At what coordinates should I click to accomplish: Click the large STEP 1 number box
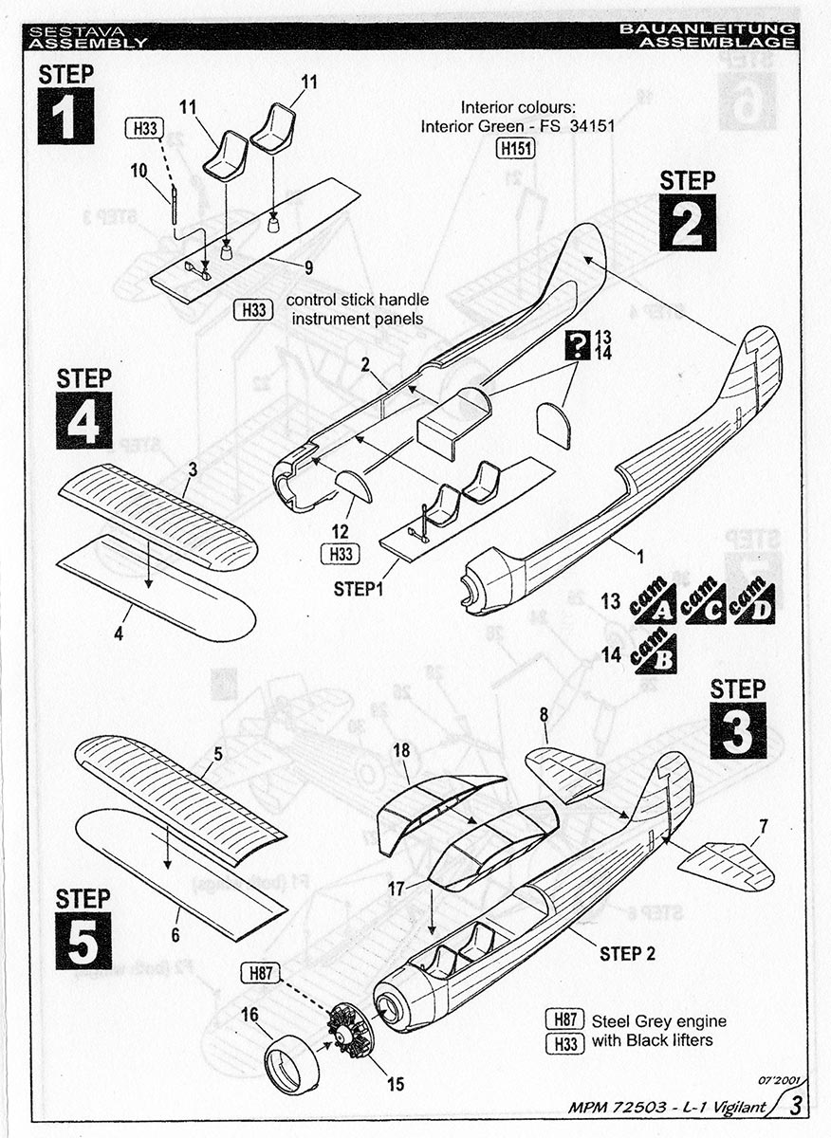pyautogui.click(x=65, y=116)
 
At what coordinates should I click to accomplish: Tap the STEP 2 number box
pyautogui.click(x=688, y=222)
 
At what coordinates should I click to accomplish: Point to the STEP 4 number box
pyautogui.click(x=83, y=419)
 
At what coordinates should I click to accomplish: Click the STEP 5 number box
pyautogui.click(x=83, y=941)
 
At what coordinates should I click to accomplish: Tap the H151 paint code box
pyautogui.click(x=513, y=147)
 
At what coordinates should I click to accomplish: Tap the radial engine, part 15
pyautogui.click(x=351, y=1030)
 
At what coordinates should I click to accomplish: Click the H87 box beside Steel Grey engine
pyautogui.click(x=564, y=1020)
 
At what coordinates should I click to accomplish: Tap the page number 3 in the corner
pyautogui.click(x=796, y=1105)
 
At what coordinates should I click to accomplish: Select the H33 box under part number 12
pyautogui.click(x=340, y=556)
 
